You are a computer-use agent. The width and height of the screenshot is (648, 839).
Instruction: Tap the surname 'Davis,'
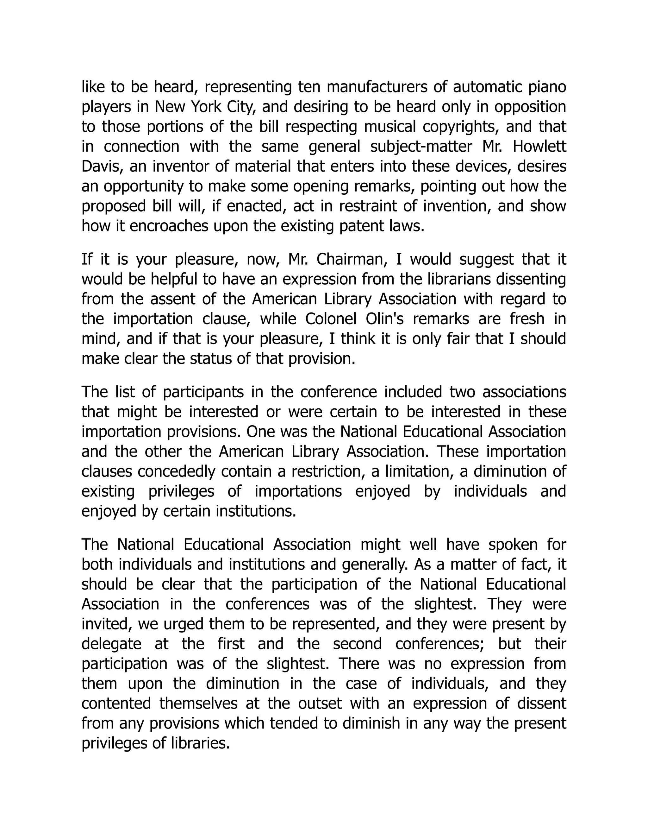pos(103,166)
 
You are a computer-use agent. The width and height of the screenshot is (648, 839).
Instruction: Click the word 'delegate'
pos(111,644)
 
